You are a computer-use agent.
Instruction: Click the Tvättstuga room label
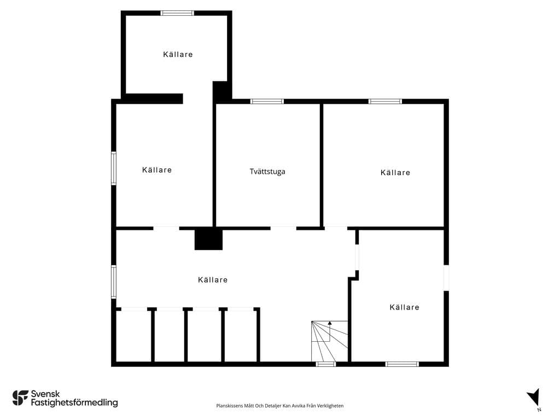click(x=267, y=171)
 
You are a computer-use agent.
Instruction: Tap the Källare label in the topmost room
click(x=178, y=54)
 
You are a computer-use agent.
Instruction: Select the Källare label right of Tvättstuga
click(x=395, y=172)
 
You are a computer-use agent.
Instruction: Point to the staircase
click(x=330, y=341)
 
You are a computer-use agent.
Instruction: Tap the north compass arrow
click(x=534, y=398)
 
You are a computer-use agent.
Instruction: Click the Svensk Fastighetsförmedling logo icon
click(x=20, y=398)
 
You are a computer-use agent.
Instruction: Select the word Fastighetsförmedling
click(x=74, y=403)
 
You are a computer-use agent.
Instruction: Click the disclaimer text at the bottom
click(x=279, y=406)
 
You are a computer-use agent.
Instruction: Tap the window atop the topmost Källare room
click(x=177, y=13)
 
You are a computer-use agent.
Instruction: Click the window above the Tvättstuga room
click(x=267, y=101)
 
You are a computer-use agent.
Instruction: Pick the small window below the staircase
click(x=326, y=364)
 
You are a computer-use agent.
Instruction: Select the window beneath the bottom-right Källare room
click(x=402, y=364)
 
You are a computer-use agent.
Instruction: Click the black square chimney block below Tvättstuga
click(x=208, y=239)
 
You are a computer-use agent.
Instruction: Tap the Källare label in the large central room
click(x=213, y=279)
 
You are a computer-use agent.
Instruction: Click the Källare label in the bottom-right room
click(x=404, y=307)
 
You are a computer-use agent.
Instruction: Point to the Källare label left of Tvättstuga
click(x=157, y=170)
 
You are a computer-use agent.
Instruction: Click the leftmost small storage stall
click(x=133, y=336)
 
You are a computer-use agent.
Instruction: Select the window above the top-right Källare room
click(x=385, y=101)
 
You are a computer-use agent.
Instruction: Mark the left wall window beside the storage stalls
click(x=114, y=282)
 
